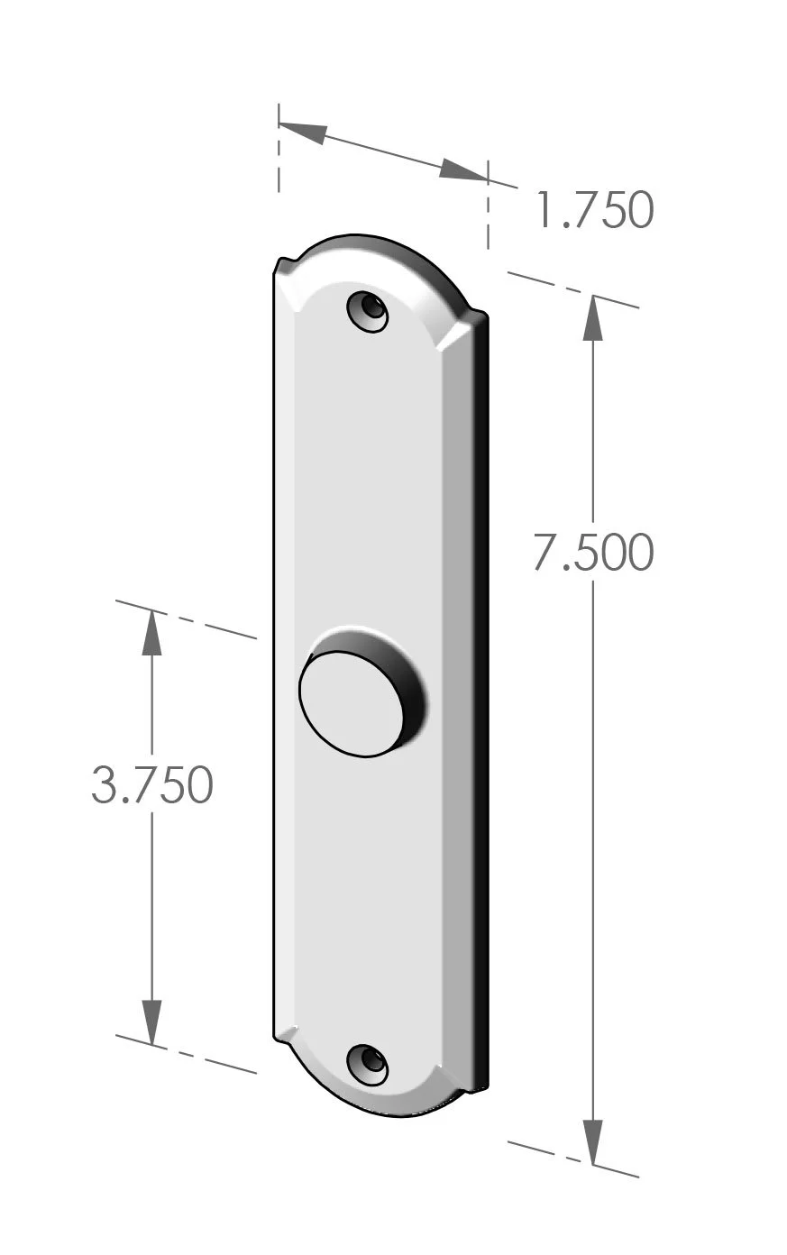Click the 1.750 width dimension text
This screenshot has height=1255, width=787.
pyautogui.click(x=593, y=210)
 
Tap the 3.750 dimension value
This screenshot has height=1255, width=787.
pyautogui.click(x=151, y=784)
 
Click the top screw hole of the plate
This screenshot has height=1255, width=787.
pyautogui.click(x=368, y=311)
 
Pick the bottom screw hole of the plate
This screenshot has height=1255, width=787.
pyautogui.click(x=368, y=1064)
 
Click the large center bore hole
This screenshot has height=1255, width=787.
pyautogui.click(x=352, y=702)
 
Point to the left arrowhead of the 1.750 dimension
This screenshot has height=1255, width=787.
pyautogui.click(x=303, y=132)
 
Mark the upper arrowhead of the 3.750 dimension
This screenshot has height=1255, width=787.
pyautogui.click(x=151, y=633)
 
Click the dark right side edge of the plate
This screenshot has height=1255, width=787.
pyautogui.click(x=481, y=703)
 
